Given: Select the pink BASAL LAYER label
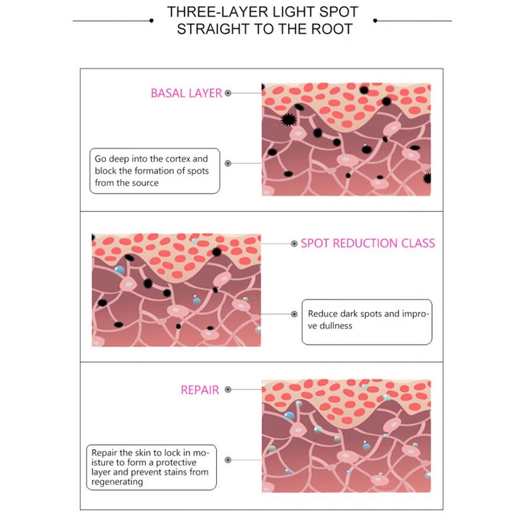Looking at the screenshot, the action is (x=186, y=93).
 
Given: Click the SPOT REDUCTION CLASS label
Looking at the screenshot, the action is (x=368, y=243).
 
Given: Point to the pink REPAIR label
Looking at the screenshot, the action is (x=200, y=389).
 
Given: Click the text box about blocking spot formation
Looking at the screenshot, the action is (x=153, y=170).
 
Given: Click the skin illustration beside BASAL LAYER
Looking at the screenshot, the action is (x=345, y=140).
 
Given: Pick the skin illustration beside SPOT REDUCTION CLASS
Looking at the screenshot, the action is (x=176, y=290).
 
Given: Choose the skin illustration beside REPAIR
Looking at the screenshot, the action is (x=346, y=435).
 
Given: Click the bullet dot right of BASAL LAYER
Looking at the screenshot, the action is (x=228, y=93).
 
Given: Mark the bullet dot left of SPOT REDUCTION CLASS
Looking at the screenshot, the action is (x=294, y=244).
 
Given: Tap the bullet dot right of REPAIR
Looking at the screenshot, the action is (x=227, y=389).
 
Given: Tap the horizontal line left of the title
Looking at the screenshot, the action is (x=113, y=20).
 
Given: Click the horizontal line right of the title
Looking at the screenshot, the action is (x=413, y=20).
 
